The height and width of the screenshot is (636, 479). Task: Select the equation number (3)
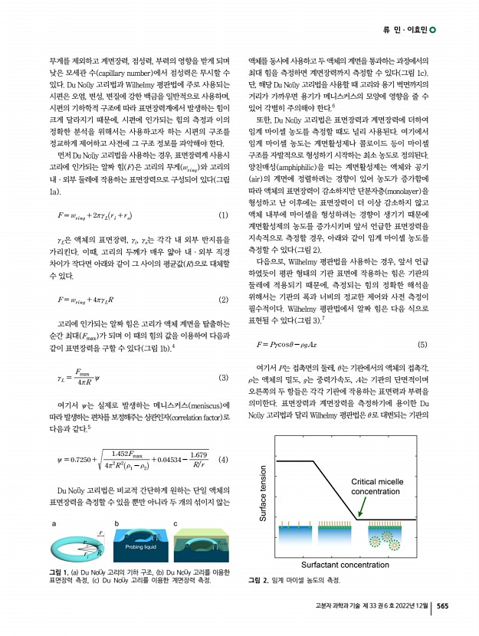pos(223,378)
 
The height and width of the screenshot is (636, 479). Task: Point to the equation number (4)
pos(223,439)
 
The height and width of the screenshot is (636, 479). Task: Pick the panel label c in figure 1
pos(176,524)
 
